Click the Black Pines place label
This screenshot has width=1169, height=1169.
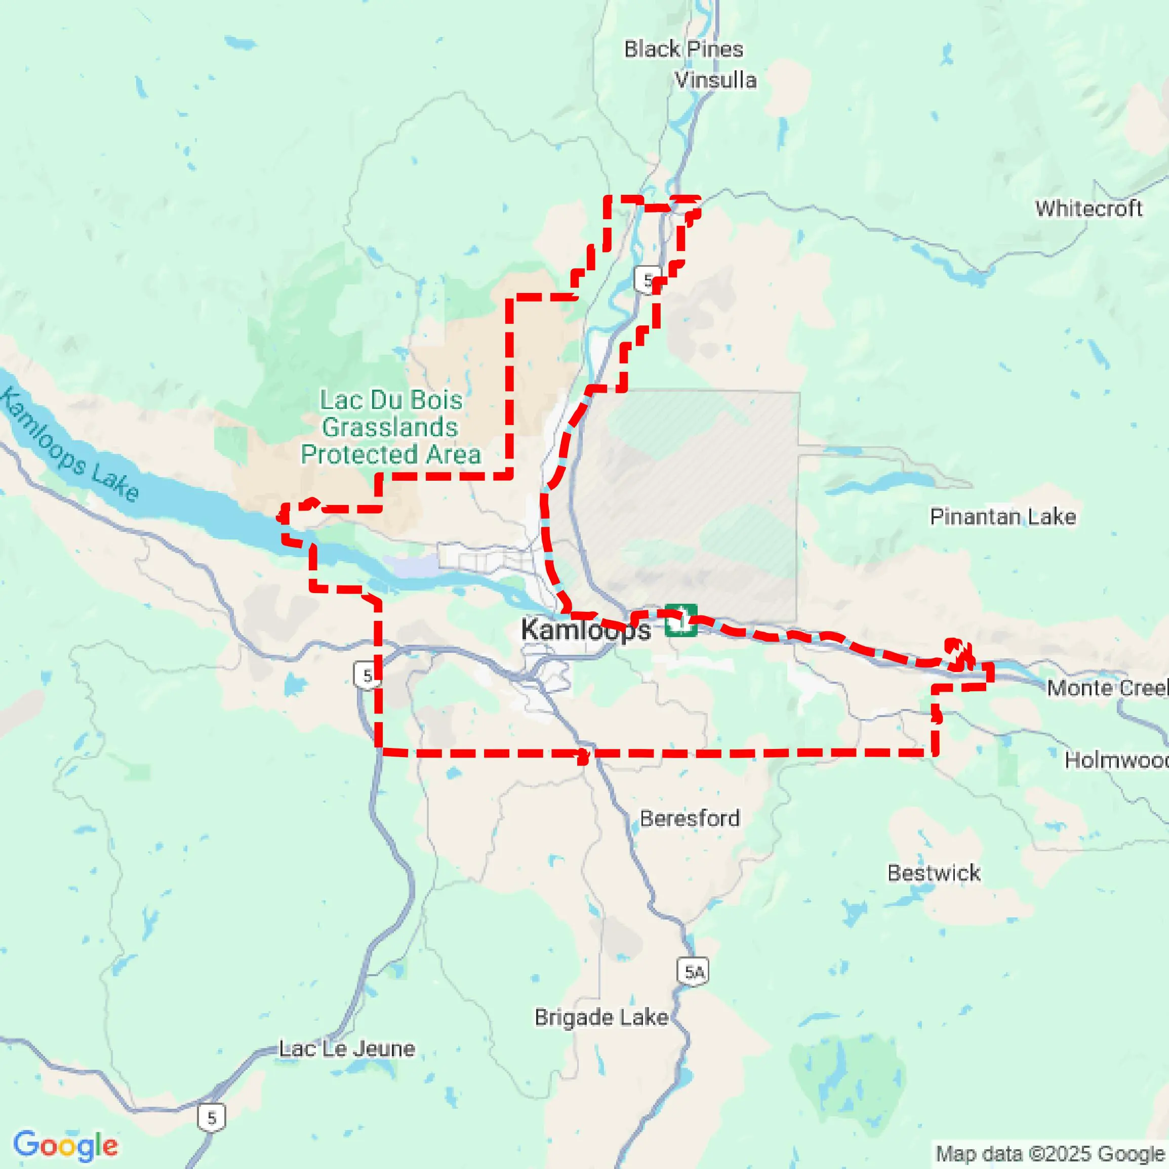[683, 49]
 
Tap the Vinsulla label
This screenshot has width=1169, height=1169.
[715, 80]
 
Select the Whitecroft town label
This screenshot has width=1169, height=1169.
[1088, 208]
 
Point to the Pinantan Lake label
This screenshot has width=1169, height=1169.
[1002, 516]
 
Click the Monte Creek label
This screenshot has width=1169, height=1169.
[1107, 687]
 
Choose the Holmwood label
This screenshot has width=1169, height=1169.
[1115, 760]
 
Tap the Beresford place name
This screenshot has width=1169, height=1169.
[689, 818]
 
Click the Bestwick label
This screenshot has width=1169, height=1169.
[934, 872]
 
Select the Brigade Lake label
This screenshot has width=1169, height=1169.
[600, 1017]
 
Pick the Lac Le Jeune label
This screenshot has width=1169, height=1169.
[346, 1049]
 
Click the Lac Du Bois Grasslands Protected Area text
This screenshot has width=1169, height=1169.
[390, 427]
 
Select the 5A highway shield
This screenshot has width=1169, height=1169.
[694, 972]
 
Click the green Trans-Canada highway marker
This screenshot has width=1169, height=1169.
[680, 620]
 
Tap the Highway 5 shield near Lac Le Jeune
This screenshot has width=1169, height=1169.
[211, 1117]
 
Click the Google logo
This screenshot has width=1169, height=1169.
[65, 1145]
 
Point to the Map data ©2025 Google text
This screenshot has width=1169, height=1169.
[1051, 1153]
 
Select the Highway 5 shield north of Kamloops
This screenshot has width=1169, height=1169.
[647, 280]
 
